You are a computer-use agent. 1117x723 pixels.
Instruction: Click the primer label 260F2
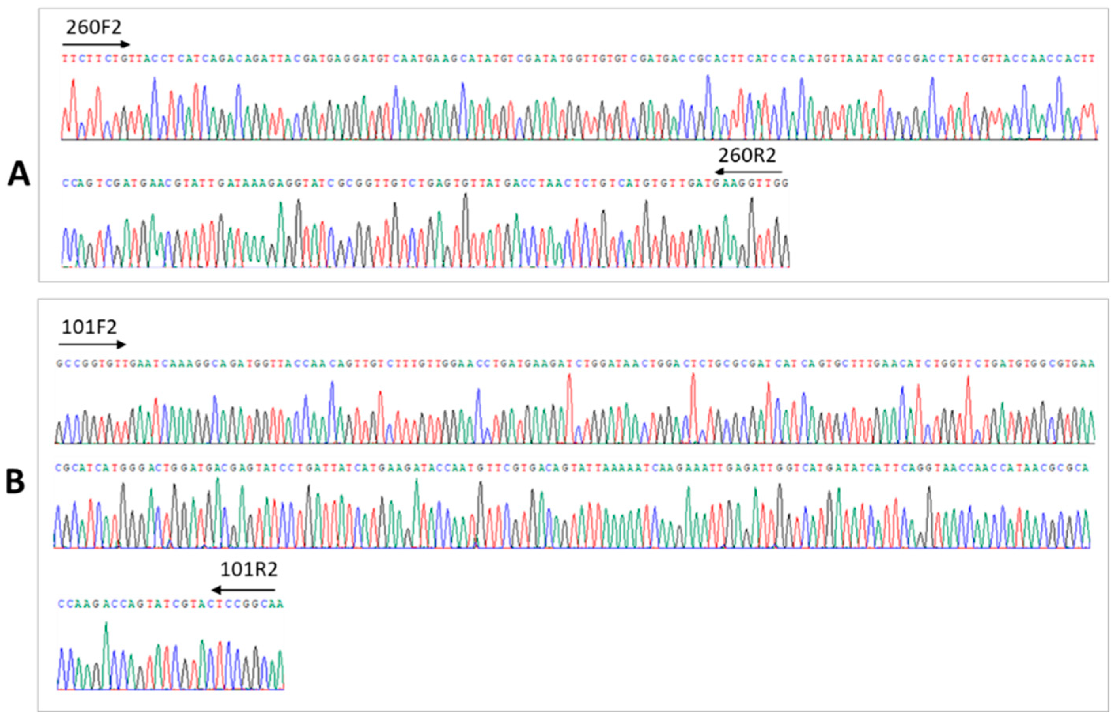point(93,27)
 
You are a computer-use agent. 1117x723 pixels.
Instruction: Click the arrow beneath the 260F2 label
point(96,45)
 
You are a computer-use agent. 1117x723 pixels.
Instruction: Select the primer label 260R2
point(748,155)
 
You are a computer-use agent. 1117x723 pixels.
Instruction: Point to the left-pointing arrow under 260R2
point(749,172)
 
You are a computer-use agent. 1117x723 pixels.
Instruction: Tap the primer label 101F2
point(89,327)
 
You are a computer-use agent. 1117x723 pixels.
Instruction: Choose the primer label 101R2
point(249,570)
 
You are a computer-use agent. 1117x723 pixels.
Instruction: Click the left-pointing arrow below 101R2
point(244,590)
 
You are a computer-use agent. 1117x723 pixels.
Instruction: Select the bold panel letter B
point(15,483)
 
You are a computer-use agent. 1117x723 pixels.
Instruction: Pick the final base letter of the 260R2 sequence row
point(786,183)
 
